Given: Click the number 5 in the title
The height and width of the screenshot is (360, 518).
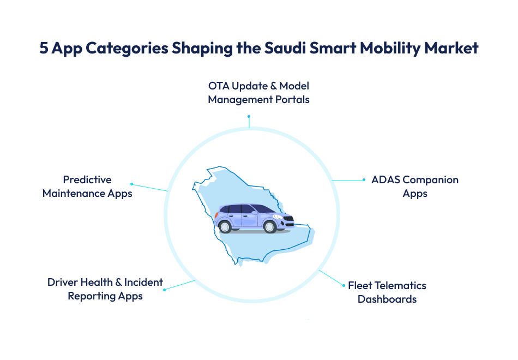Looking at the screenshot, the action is (x=44, y=48).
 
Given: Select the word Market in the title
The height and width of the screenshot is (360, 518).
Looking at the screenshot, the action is (x=451, y=48).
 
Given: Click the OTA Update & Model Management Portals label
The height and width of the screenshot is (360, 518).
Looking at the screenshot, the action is (x=258, y=93).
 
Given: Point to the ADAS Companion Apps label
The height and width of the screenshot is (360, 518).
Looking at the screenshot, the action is (x=415, y=187).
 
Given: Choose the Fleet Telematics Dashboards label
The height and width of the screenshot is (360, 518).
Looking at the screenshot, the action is (x=387, y=292).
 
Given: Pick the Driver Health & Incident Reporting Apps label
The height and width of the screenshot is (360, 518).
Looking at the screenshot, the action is (x=105, y=289).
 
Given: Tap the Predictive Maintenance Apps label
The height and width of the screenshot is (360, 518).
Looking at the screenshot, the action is (x=87, y=187).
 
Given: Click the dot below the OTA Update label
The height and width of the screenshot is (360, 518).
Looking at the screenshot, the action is (x=249, y=116).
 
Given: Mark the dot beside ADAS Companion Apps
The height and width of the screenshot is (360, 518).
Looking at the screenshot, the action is (x=364, y=180).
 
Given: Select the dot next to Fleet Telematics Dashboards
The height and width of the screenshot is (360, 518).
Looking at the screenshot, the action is (x=344, y=285).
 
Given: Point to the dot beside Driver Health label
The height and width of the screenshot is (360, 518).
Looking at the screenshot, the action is (x=164, y=290).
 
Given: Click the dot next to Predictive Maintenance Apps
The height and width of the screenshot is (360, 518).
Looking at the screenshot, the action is (x=131, y=184).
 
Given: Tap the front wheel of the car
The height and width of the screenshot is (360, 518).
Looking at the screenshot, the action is (x=269, y=227).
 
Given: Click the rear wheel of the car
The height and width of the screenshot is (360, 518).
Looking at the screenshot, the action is (x=225, y=227).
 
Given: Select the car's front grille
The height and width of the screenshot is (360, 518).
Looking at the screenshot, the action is (x=290, y=219).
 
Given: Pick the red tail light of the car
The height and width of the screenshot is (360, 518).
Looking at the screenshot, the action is (x=216, y=214).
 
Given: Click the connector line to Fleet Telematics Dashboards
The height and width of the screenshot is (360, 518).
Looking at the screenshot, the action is (x=332, y=278).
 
